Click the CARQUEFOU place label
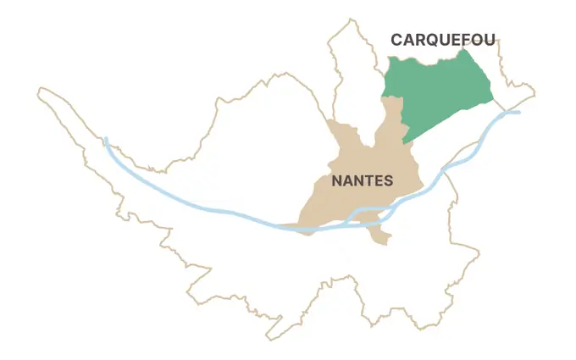pos(442,39)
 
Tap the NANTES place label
pos(362,180)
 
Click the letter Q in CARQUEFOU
pos(434,39)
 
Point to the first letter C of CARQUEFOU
pos(396,39)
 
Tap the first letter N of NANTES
pos(336,180)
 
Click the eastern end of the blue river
pos(518,112)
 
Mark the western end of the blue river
pos(105,139)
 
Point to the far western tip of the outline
pos(41,90)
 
